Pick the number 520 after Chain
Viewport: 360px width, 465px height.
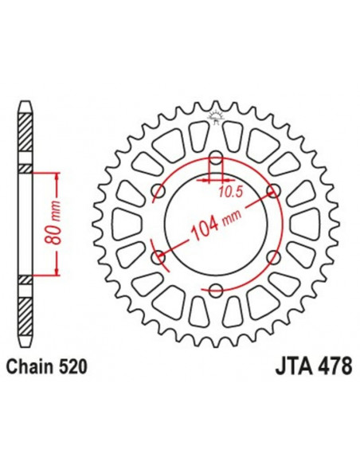pos(72,367)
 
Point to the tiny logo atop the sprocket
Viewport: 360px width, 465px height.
pos(216,118)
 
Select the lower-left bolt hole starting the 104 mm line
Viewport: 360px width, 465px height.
pos(158,256)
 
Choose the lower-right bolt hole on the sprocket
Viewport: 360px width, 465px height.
pos(273,256)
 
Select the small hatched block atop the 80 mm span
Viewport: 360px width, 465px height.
pos(26,168)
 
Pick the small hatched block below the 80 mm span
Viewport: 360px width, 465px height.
pos(26,279)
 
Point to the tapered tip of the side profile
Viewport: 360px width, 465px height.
pos(26,107)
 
